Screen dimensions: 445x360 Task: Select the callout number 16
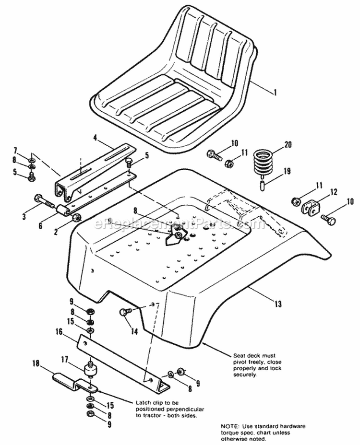59,331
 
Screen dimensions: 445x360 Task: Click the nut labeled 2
76,219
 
